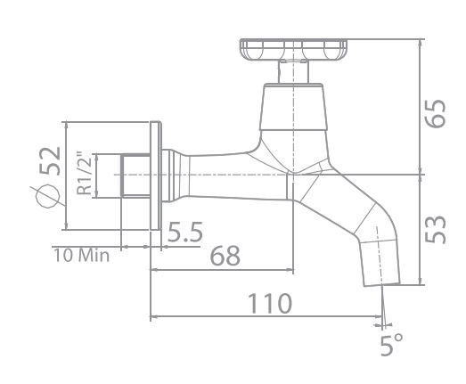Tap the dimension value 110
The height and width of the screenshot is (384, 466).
click(271, 303)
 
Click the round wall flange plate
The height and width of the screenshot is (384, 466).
click(157, 176)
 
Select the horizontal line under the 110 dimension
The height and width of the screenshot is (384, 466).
click(267, 316)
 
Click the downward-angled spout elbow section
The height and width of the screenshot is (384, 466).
click(356, 213)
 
